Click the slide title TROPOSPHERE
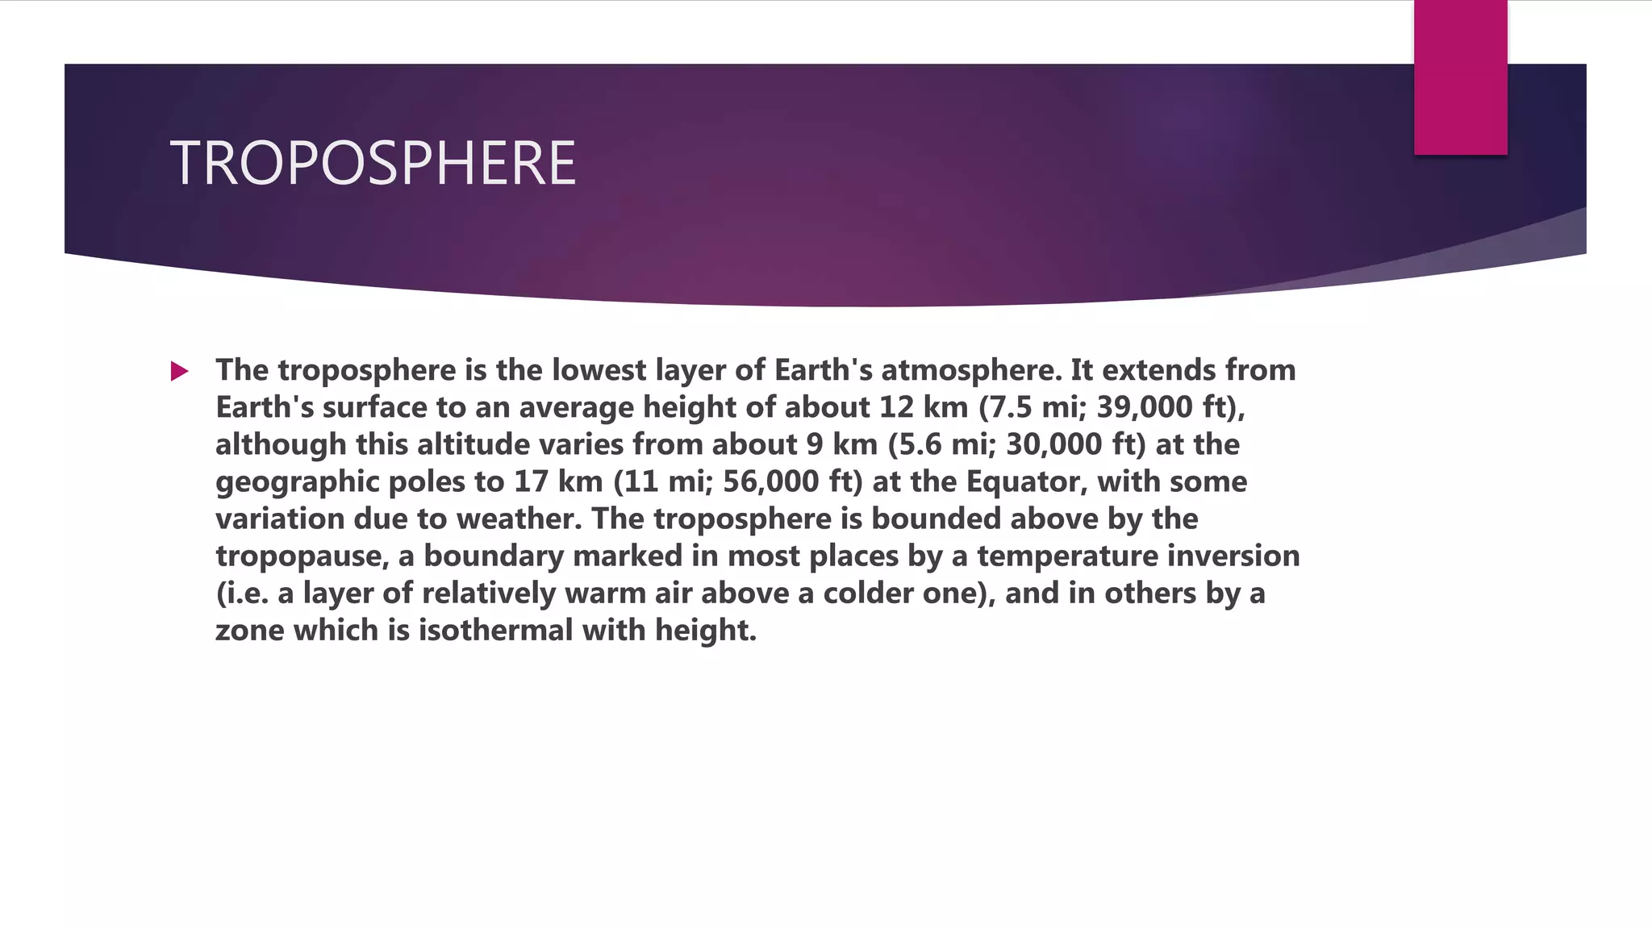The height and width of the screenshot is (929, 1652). (x=373, y=164)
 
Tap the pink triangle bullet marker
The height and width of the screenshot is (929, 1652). (x=179, y=372)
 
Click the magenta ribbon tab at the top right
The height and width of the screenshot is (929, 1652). (x=1460, y=77)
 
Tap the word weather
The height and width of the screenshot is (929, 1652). (x=519, y=519)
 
